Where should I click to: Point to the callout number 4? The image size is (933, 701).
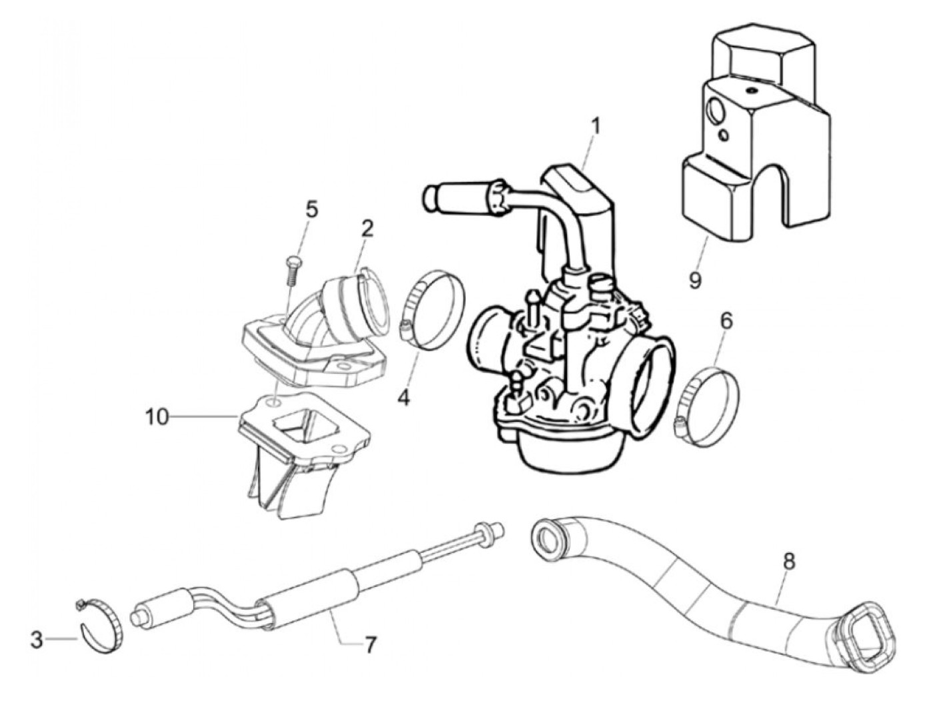click(404, 398)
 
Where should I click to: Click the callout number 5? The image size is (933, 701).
click(311, 209)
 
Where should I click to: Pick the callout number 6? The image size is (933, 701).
click(726, 321)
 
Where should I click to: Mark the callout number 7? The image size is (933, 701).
click(370, 644)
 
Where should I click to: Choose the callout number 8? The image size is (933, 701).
click(789, 561)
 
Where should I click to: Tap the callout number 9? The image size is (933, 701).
click(695, 280)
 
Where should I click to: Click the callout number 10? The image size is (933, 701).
click(158, 418)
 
